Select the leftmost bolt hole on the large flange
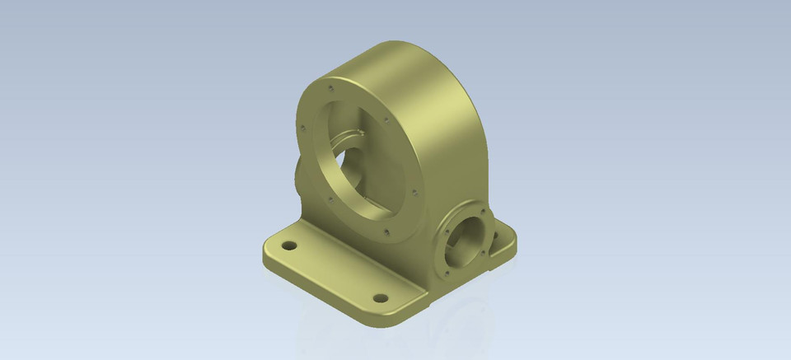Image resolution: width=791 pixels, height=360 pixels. (x=303, y=128)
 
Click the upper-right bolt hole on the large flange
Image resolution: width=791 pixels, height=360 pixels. (x=386, y=119)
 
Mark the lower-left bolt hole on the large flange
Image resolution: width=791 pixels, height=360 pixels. (x=329, y=199)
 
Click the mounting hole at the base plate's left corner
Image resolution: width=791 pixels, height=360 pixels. (x=289, y=245)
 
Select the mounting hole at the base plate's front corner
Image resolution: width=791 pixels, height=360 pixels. (x=380, y=297)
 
